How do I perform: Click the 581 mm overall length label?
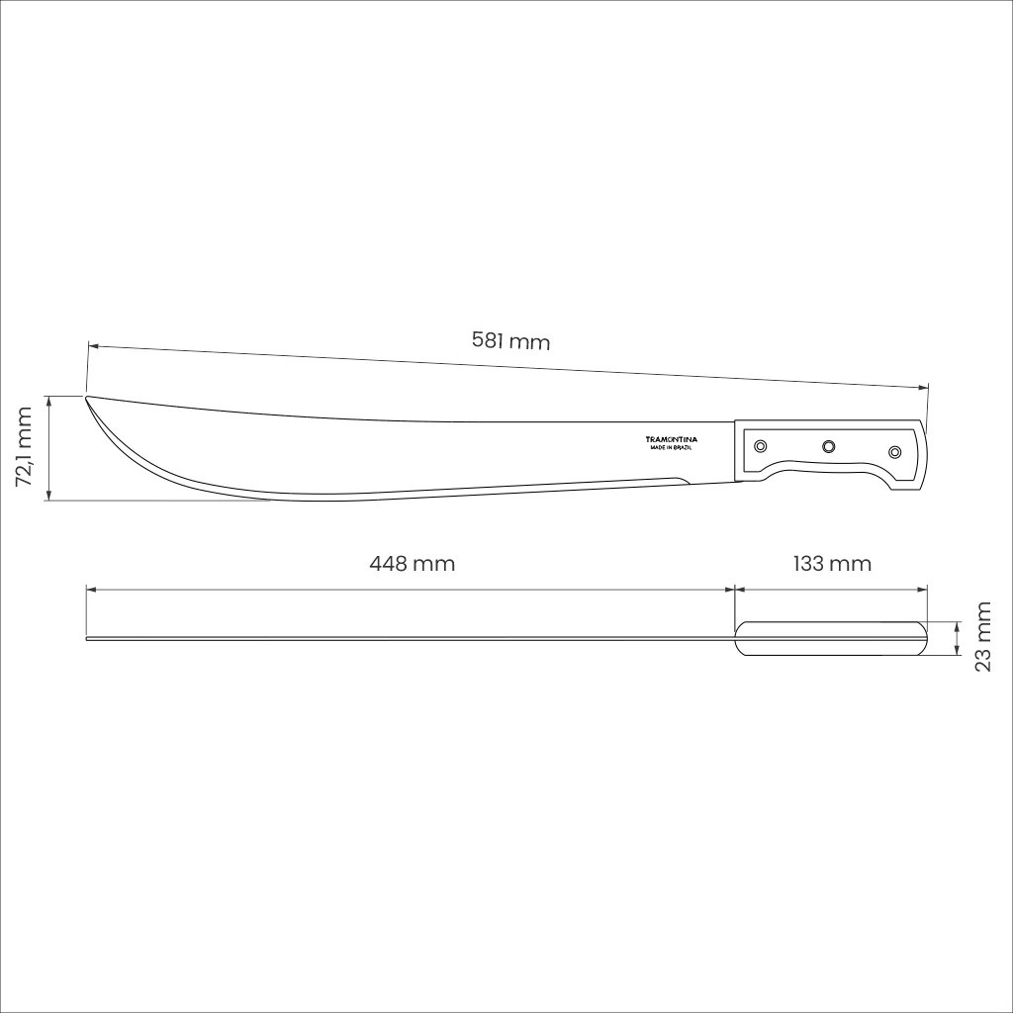(510, 340)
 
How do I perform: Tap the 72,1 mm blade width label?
(24, 447)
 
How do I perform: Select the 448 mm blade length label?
(413, 563)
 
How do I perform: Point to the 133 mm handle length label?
(832, 563)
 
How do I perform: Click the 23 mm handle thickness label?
(982, 637)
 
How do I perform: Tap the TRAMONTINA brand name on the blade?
(672, 439)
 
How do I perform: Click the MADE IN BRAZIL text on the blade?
(672, 448)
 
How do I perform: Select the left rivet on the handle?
(761, 446)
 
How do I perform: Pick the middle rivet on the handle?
(828, 446)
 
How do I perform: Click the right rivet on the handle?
(894, 451)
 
